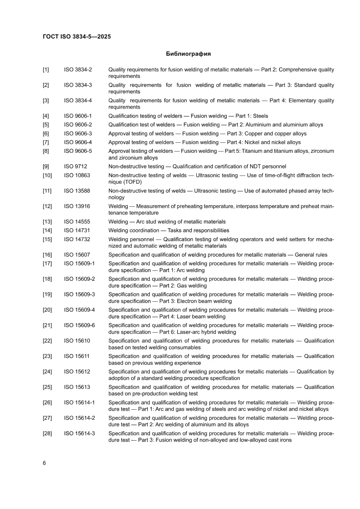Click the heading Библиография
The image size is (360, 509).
[188, 54]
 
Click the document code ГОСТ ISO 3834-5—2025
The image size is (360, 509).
[77, 37]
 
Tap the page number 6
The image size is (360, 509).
[44, 463]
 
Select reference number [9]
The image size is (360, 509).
[46, 166]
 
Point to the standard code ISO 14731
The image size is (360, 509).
[77, 230]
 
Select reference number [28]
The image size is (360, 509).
[47, 433]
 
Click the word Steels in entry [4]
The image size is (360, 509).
[260, 116]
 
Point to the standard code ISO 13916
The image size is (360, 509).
[77, 206]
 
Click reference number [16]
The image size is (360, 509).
[47, 255]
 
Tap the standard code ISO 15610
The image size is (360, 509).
[77, 340]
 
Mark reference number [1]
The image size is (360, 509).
[46, 70]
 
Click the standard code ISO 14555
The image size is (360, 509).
[77, 222]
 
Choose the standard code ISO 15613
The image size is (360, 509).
[77, 387]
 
